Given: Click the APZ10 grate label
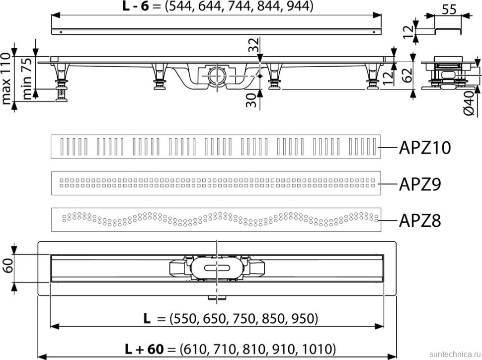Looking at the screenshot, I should pos(425,148).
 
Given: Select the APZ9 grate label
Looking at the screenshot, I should pos(421,184).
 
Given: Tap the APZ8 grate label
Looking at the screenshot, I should pos(421,219).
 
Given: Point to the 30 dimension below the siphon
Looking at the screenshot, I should pos(253,99).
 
